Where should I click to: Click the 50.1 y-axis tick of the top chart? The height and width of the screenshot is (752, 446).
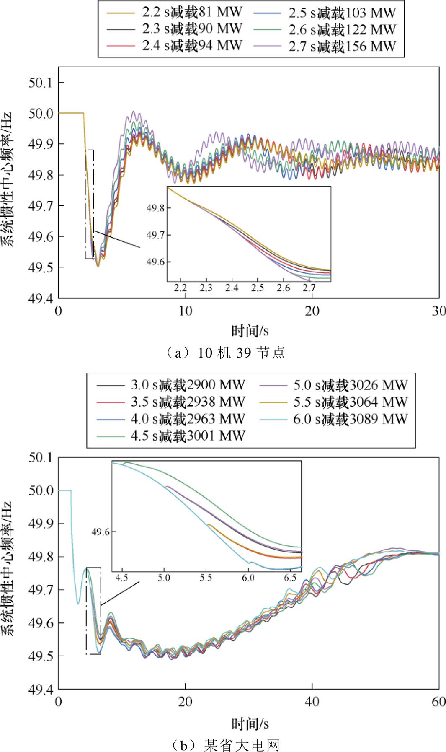pos(40,82)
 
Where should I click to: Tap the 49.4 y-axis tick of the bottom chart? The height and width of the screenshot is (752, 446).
pos(40,689)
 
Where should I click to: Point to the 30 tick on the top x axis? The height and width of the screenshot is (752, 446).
pos(438,311)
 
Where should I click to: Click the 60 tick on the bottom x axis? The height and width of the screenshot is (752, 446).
pos(438,701)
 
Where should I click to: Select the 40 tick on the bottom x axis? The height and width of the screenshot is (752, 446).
pos(312,701)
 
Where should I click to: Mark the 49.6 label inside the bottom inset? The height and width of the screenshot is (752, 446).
pos(101,532)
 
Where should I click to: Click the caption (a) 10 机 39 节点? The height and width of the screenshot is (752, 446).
pos(223,353)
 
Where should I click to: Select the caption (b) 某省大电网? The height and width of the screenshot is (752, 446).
pos(223,745)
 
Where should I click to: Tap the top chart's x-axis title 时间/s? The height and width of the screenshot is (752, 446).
pos(250,332)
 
